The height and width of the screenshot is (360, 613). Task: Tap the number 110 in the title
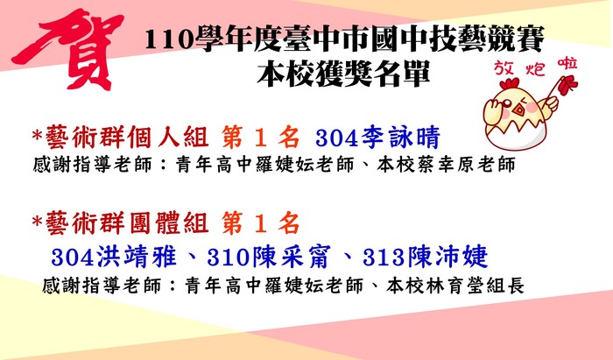pos(169,39)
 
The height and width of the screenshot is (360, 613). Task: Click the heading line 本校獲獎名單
pos(343,73)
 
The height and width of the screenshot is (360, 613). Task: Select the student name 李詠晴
pos(401,138)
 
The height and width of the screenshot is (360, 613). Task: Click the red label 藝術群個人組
pos(127,138)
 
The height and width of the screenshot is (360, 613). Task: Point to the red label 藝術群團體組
pos(127,222)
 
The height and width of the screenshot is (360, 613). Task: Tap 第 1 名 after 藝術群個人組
pos(261,138)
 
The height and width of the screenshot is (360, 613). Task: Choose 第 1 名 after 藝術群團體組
pos(261,222)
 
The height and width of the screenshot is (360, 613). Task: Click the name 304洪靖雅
pos(114,257)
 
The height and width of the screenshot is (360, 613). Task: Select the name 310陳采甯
pos(270,257)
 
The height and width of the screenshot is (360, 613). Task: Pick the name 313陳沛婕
pos(426,257)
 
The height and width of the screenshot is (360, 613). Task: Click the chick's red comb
pos(510,83)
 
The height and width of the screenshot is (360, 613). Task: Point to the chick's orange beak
pos(519,109)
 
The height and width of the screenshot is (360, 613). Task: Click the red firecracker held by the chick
pos(566,85)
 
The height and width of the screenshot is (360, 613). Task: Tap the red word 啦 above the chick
pos(567,65)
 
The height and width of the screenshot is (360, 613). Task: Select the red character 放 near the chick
pos(504,68)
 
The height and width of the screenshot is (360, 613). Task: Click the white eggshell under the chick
pos(515,134)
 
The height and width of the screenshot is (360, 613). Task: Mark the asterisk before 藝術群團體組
pos(37,221)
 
